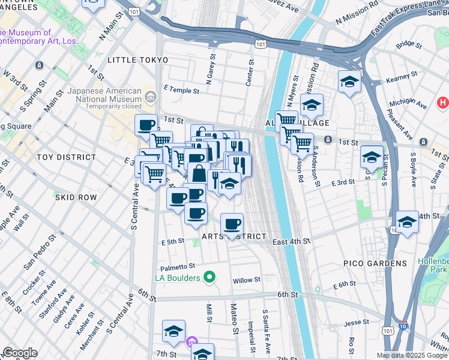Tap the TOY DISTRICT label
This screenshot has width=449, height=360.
click(x=66, y=157)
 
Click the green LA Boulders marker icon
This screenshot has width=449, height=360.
click(x=209, y=277)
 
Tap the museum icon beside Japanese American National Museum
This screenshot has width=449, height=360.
click(x=149, y=97)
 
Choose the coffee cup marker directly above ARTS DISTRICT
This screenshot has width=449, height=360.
click(x=232, y=224)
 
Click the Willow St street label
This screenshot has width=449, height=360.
click(x=247, y=280)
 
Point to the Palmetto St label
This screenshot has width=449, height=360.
click(x=178, y=266)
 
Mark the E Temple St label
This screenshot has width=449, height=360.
click(x=181, y=91)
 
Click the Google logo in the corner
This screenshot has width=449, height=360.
click(x=19, y=353)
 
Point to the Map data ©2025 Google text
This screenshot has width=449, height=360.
click(x=412, y=355)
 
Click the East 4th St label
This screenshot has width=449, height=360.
click(x=291, y=241)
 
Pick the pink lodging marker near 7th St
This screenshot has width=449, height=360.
click(x=191, y=343)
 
